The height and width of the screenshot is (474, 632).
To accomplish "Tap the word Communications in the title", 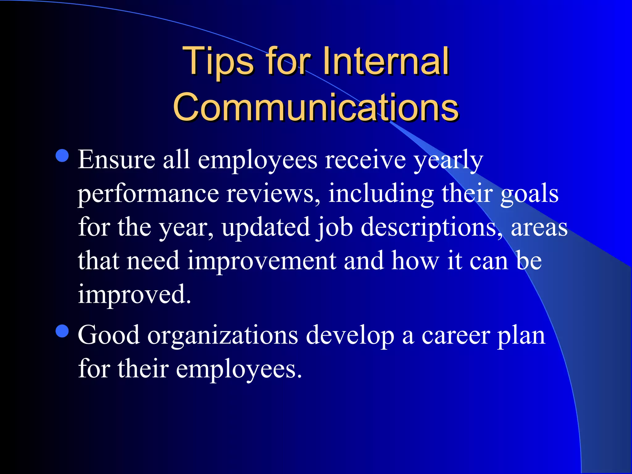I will tap(316, 107).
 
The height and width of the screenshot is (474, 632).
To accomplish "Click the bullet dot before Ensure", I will tap(62, 156).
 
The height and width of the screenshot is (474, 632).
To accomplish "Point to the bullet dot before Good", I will tap(62, 331).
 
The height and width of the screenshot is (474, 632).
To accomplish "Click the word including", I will tap(381, 194).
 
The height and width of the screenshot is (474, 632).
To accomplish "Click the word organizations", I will tap(223, 336).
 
